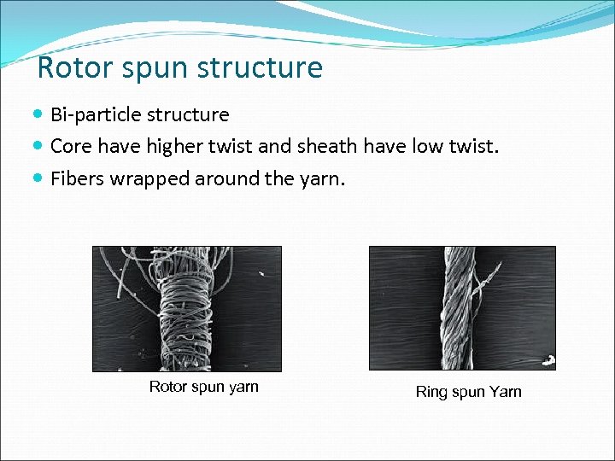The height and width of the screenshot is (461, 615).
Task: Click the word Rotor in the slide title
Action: click(71, 67)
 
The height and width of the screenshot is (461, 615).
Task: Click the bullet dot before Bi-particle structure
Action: click(40, 114)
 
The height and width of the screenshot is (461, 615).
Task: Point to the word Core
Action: click(71, 146)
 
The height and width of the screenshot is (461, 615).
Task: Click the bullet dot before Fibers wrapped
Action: click(40, 178)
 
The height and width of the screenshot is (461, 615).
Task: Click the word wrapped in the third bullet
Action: click(149, 178)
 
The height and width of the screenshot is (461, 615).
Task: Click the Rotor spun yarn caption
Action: click(203, 387)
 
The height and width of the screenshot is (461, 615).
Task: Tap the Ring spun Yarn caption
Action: click(468, 392)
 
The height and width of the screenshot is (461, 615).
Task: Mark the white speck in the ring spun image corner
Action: click(548, 360)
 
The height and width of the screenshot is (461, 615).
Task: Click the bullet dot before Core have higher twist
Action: click(40, 146)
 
